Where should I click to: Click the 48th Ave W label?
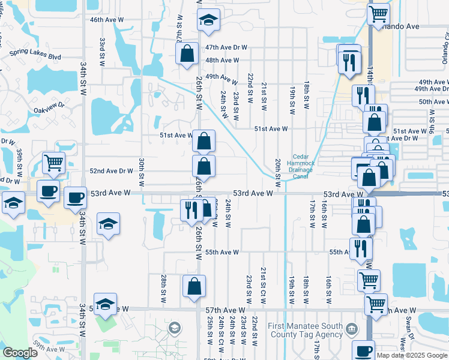click(222, 60)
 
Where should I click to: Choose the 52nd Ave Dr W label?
click(111, 171)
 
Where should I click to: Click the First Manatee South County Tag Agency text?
click(306, 330)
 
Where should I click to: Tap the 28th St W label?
click(163, 289)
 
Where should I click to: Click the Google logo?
click(20, 353)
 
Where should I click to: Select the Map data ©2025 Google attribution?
click(412, 355)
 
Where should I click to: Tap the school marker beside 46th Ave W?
click(208, 21)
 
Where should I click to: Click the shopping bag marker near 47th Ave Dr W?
click(187, 53)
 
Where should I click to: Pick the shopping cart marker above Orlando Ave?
click(379, 14)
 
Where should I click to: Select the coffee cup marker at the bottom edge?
click(363, 351)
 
